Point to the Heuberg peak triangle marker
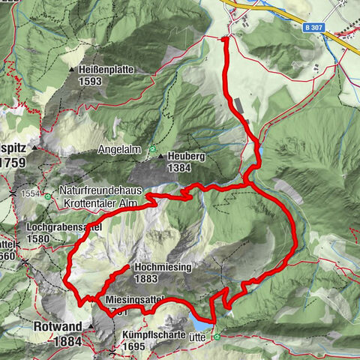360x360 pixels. pyautogui.click(x=160, y=156)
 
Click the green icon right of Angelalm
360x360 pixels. pyautogui.click(x=151, y=148)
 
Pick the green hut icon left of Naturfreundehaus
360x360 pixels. pyautogui.click(x=48, y=197)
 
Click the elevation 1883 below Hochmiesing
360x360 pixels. pyautogui.click(x=147, y=278)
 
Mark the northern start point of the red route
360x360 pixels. pyautogui.click(x=225, y=37)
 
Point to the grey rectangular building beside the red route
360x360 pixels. pyautogui.click(x=238, y=103)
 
